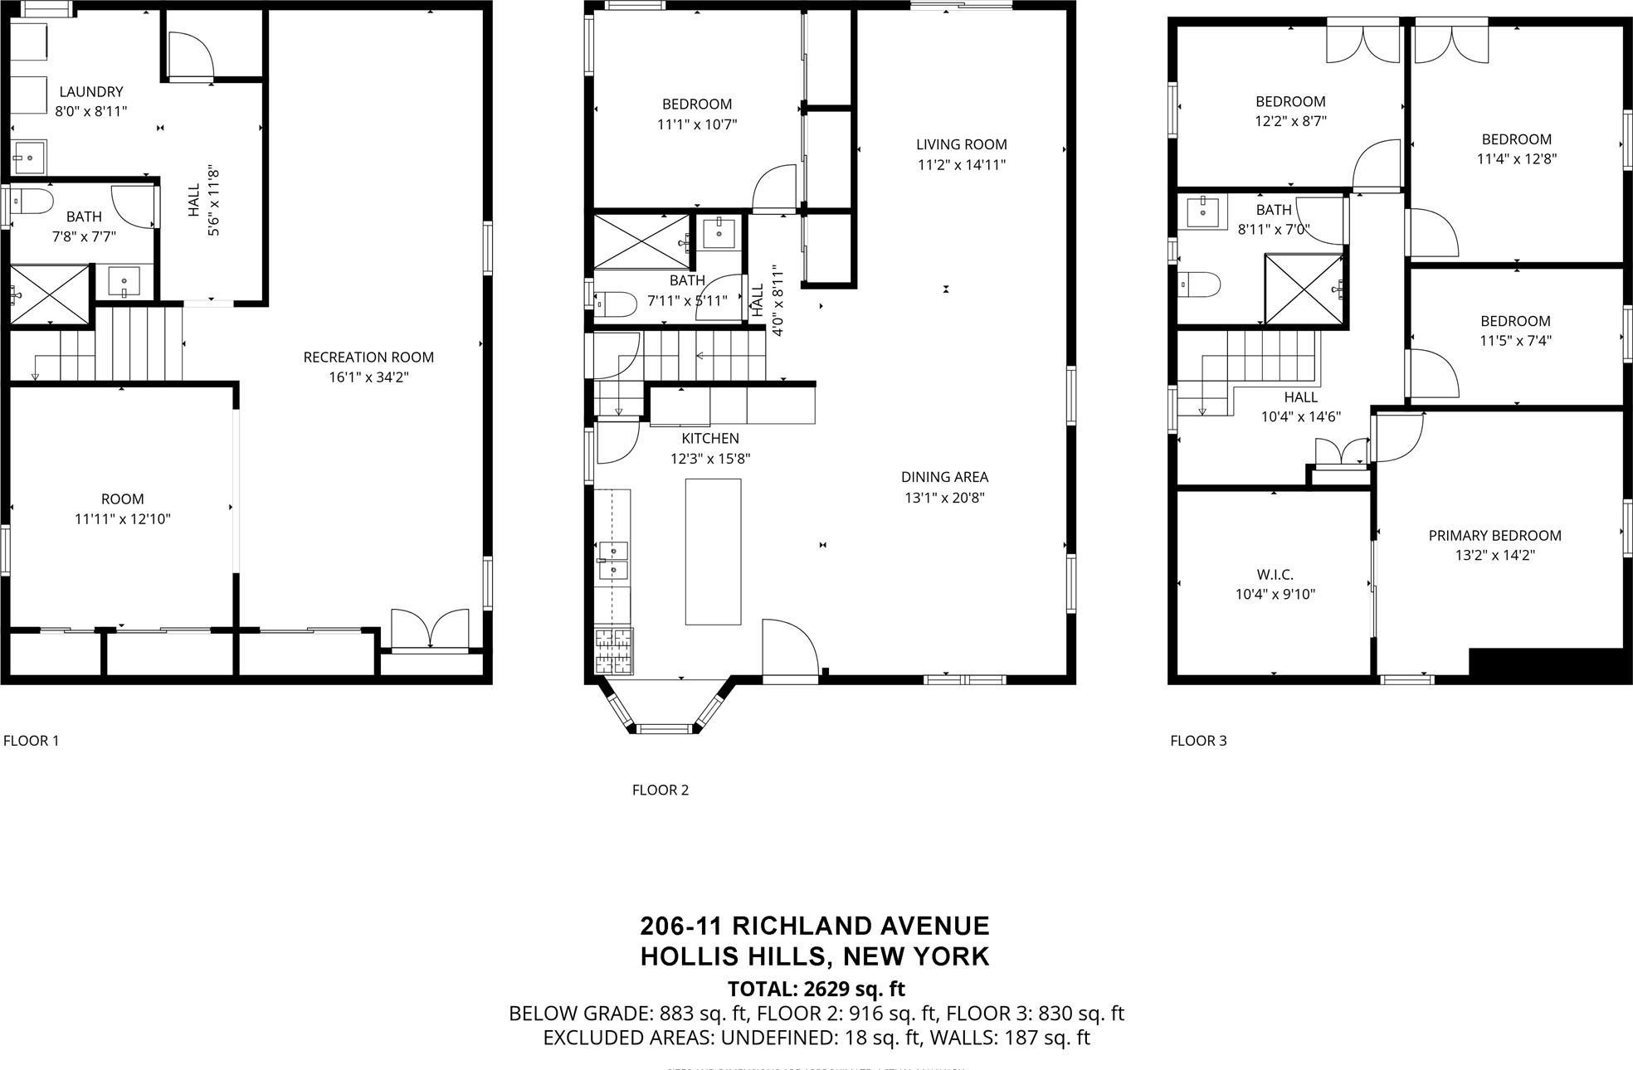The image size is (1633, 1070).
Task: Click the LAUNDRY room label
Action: pos(90,92)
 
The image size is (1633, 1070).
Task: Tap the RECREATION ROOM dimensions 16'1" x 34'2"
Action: pos(368,377)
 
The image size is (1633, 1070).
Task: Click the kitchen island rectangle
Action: pos(713,551)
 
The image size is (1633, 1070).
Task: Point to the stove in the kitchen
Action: pos(613,650)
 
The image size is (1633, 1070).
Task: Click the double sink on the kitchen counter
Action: pos(613,560)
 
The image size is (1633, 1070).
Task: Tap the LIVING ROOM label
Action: pos(961,144)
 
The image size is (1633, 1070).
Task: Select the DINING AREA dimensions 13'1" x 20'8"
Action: pos(944,498)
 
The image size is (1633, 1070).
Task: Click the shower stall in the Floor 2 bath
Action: pos(642,241)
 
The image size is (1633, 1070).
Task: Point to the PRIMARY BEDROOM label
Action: pos(1494,536)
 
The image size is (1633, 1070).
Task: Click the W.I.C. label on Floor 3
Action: pos(1275,574)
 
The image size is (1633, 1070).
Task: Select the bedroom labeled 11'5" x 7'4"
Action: pos(1515,330)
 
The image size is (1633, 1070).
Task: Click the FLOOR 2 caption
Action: pos(660,790)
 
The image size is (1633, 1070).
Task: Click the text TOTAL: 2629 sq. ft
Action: pos(816,989)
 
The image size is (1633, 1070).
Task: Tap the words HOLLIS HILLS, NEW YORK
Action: pos(815,956)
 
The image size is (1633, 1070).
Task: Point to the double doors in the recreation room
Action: pos(430,629)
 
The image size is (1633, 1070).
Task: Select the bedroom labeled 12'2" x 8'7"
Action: pos(1289,111)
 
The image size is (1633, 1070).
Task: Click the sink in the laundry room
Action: pos(30,156)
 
